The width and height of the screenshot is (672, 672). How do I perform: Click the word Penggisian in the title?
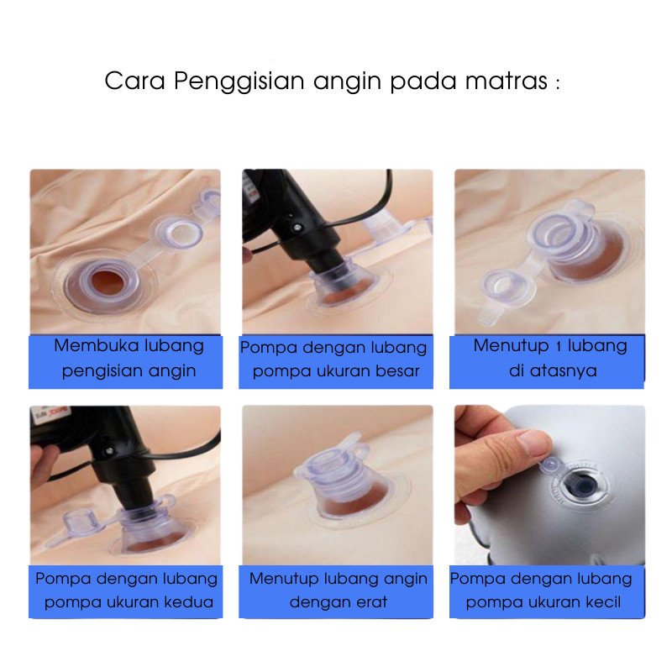click(x=239, y=81)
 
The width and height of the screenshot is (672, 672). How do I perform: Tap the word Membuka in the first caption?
click(x=96, y=345)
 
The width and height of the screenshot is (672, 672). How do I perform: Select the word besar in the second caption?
click(x=397, y=370)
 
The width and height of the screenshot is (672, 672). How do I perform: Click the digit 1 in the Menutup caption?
click(x=558, y=346)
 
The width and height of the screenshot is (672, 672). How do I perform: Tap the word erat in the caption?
click(x=371, y=602)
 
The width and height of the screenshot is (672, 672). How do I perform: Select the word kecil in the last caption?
click(x=603, y=602)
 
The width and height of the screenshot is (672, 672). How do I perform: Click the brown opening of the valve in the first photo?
click(x=108, y=282)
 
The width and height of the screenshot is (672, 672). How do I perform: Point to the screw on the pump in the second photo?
click(x=297, y=227)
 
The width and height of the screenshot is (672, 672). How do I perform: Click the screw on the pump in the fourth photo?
click(x=110, y=450)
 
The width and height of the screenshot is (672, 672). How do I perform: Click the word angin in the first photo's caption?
click(x=176, y=370)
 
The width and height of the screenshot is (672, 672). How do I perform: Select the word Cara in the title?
click(x=134, y=81)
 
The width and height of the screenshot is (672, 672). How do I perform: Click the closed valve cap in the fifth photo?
click(x=331, y=466)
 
